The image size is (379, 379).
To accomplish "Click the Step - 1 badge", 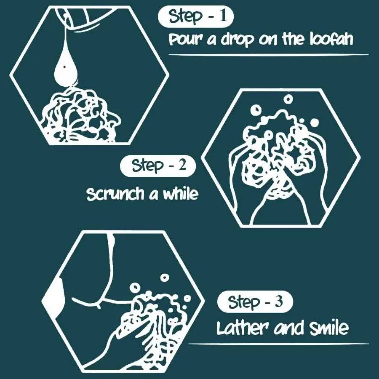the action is click(x=195, y=16).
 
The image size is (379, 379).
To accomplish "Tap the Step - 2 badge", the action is click(x=158, y=166).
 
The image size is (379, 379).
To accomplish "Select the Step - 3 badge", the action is click(x=255, y=302).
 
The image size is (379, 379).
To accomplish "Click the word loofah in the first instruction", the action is click(x=331, y=39).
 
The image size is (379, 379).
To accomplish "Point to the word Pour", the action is click(x=186, y=40).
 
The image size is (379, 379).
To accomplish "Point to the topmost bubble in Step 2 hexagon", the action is click(x=288, y=99).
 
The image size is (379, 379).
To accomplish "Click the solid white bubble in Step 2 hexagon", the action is click(x=314, y=123).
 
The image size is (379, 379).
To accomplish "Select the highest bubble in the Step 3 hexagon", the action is click(x=165, y=278).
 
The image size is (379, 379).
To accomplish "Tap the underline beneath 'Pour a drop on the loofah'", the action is click(x=269, y=55).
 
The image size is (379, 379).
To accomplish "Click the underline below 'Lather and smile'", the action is click(x=278, y=344).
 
